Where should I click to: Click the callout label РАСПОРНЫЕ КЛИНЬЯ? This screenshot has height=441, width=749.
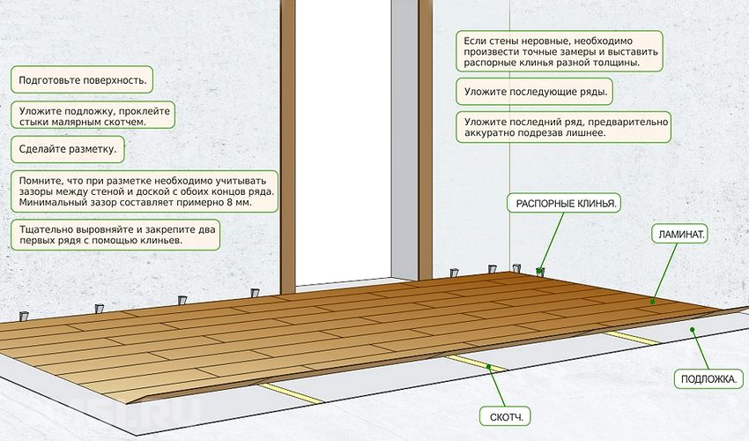tap(564, 203)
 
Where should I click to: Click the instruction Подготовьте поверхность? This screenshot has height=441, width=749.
tap(82, 78)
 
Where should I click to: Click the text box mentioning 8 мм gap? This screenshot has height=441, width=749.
tap(144, 191)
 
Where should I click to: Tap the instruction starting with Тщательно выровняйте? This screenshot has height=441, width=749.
tap(115, 234)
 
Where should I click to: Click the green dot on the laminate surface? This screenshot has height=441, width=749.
tap(653, 302)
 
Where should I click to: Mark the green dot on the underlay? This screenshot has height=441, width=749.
tap(693, 331)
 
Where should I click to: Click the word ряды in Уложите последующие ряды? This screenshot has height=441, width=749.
tap(594, 92)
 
